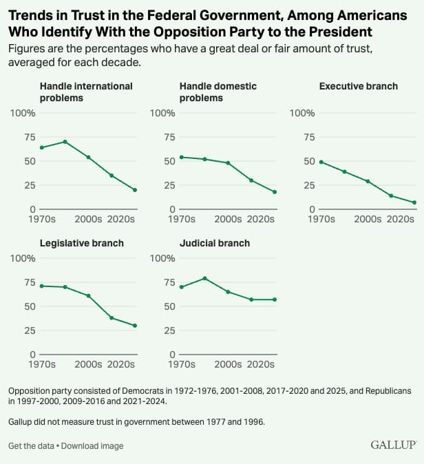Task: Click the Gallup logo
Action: [x=393, y=445]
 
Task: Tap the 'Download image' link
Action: [x=92, y=446]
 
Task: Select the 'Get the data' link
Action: [x=32, y=446]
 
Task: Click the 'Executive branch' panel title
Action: [x=358, y=86]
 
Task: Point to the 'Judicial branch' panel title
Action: [x=215, y=243]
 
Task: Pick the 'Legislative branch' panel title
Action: [x=82, y=243]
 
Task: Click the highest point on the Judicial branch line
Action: [x=204, y=278]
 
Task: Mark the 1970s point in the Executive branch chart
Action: [x=321, y=162]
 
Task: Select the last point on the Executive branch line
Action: [x=414, y=202]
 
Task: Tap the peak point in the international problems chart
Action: [x=65, y=142]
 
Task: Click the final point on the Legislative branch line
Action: [x=135, y=326]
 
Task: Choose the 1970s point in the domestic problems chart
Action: [x=181, y=157]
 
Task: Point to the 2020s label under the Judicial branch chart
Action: [x=261, y=364]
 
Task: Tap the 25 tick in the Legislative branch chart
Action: [x=28, y=330]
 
